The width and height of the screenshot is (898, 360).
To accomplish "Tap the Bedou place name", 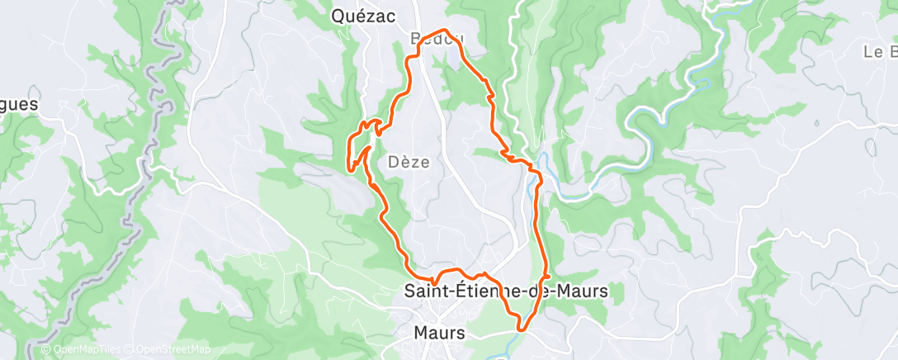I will click(x=437, y=40).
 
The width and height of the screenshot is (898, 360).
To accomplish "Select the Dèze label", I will click(x=409, y=163).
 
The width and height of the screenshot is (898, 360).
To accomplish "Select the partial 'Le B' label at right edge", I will click(x=880, y=52).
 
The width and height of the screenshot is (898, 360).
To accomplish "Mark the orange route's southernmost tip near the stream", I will click(x=520, y=329).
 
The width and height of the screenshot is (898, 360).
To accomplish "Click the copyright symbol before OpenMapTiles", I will click(x=46, y=349).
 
